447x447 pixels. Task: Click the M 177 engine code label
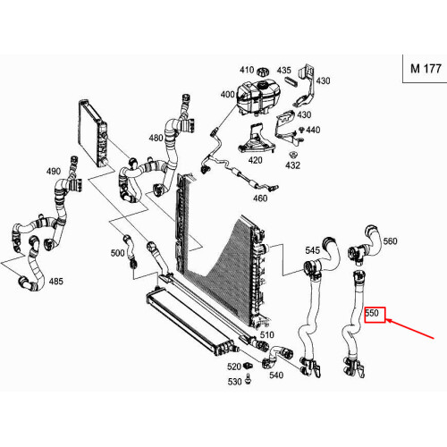click(x=426, y=69)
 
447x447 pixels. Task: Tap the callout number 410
click(x=247, y=70)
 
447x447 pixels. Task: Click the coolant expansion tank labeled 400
click(x=258, y=97)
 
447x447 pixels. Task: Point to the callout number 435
click(x=283, y=71)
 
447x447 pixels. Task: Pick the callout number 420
click(x=256, y=160)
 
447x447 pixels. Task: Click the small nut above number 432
click(x=292, y=155)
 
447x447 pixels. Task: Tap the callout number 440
click(x=313, y=130)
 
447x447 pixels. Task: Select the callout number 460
click(x=260, y=198)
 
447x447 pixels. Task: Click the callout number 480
click(x=156, y=138)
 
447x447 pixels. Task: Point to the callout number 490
click(x=54, y=172)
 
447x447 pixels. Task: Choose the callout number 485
click(x=56, y=282)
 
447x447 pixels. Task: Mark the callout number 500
click(x=117, y=253)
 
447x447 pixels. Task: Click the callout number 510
click(x=266, y=335)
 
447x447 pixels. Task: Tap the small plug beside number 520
click(x=248, y=365)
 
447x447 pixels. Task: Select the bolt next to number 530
click(x=248, y=379)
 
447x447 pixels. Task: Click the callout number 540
click(x=276, y=375)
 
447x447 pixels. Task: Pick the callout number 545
click(x=312, y=250)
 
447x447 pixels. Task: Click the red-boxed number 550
click(x=372, y=313)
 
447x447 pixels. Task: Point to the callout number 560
click(x=391, y=241)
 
